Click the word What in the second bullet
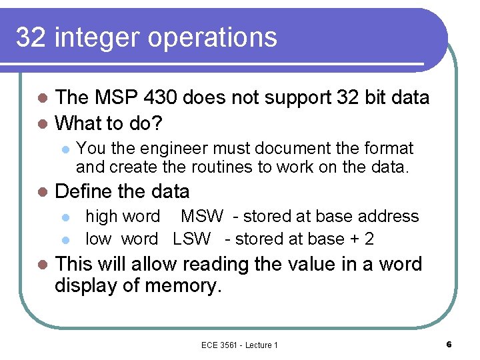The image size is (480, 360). tap(77, 123)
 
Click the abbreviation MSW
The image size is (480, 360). tap(201, 217)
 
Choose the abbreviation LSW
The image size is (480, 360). tap(191, 239)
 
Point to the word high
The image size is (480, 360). tap(99, 217)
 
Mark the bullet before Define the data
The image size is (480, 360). tap(43, 193)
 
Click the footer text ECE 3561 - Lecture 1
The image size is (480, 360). tap(239, 345)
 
